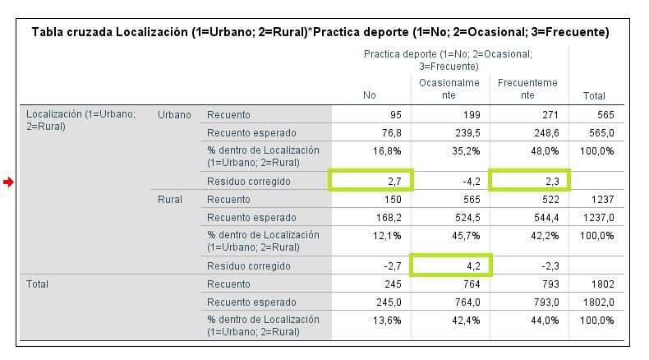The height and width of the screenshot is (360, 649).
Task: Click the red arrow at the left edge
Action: point(8,182)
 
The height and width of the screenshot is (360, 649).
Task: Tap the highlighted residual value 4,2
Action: point(476,265)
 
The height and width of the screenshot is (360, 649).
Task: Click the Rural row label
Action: point(170,200)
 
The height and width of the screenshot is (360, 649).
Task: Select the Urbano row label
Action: point(174,115)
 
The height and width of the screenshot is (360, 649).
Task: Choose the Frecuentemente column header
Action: point(527,89)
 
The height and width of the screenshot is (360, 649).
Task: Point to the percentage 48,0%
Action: point(545,151)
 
